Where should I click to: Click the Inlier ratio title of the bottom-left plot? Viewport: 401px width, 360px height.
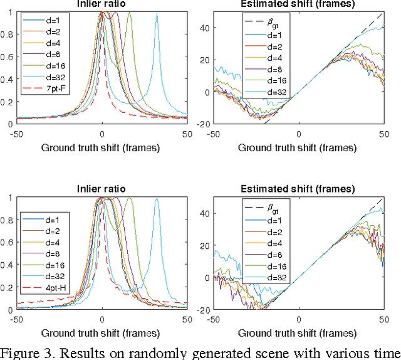[102, 188]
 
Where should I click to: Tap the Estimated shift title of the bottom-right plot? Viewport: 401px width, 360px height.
[298, 188]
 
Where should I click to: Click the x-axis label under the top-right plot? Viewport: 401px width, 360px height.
[298, 147]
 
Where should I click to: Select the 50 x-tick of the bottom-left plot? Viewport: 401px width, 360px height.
[186, 319]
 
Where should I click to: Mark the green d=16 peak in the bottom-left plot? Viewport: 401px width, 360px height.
[130, 198]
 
